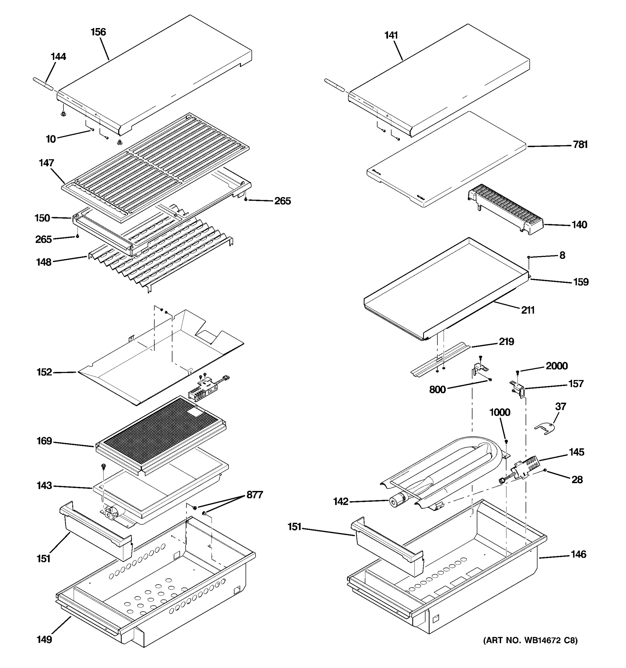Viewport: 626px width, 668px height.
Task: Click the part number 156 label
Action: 98,32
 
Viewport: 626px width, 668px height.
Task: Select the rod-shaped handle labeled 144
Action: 44,84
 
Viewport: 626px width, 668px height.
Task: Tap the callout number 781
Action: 580,145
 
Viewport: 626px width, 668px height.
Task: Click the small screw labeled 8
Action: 529,257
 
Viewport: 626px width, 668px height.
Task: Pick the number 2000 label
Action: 556,366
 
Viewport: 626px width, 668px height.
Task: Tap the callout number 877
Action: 255,495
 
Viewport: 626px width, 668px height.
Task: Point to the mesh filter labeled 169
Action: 161,433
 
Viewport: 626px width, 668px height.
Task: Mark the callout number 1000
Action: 500,412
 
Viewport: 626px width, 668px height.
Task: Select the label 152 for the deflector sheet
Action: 44,372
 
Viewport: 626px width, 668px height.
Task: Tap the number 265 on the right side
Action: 282,201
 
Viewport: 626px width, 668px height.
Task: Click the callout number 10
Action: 51,139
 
